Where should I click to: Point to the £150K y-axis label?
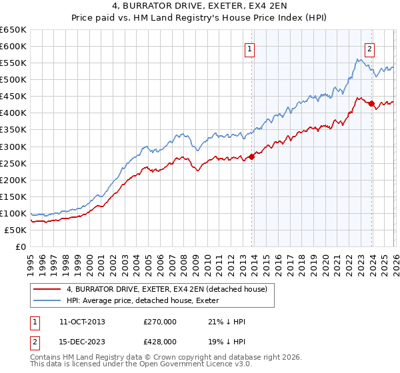click(x=13, y=196)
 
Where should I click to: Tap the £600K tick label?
click(x=13, y=47)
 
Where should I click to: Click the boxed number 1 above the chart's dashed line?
click(x=249, y=48)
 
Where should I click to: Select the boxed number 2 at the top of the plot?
click(x=369, y=48)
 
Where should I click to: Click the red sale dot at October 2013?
click(x=251, y=157)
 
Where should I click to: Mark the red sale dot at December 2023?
click(x=371, y=103)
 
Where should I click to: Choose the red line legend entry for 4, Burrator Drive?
click(x=167, y=289)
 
